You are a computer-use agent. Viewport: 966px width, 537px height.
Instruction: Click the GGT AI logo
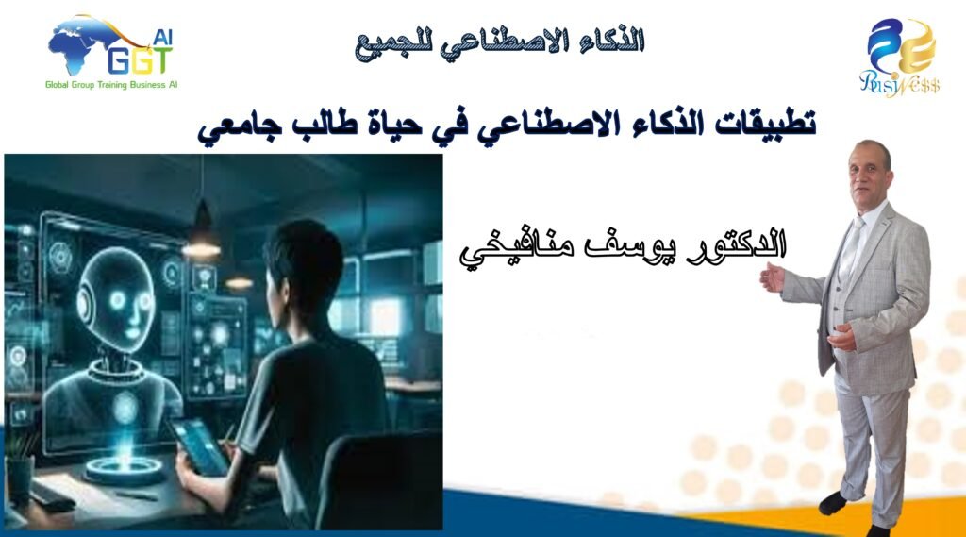coord(111,52)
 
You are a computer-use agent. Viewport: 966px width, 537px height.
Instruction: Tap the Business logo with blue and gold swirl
coord(901,57)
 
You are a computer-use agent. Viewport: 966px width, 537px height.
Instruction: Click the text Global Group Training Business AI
coord(111,85)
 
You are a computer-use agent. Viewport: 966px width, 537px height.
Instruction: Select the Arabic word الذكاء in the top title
coord(611,42)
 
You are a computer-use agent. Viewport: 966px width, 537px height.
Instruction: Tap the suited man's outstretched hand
coord(773,277)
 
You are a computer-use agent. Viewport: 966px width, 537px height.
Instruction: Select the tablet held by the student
coord(199,447)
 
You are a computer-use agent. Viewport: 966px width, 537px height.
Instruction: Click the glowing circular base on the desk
coord(125,469)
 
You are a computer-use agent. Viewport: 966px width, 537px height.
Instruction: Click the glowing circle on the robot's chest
coord(125,407)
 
